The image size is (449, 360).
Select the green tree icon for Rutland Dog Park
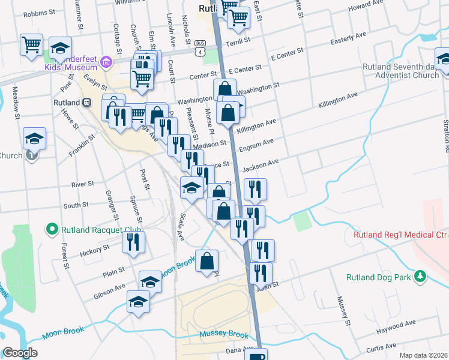[x=421, y=276]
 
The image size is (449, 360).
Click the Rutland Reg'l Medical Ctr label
[x=400, y=235]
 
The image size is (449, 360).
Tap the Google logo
[x=19, y=353]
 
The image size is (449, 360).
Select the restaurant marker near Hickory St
[x=133, y=242]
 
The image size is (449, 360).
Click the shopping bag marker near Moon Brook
[x=206, y=261]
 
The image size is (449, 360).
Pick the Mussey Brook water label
[x=223, y=334]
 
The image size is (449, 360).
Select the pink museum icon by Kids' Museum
[x=106, y=61]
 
